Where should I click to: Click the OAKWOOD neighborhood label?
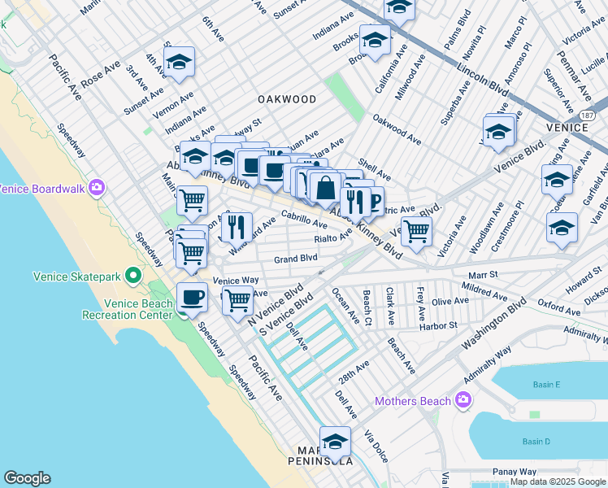point(287,99)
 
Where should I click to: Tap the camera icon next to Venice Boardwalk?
point(97,189)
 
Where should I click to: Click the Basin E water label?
point(546,385)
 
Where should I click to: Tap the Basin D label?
point(536,442)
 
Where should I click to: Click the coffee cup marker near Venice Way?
point(192,297)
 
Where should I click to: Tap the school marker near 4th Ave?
point(179,61)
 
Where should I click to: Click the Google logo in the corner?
point(27,477)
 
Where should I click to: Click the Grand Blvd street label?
point(295,259)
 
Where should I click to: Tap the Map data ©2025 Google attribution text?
point(557,482)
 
